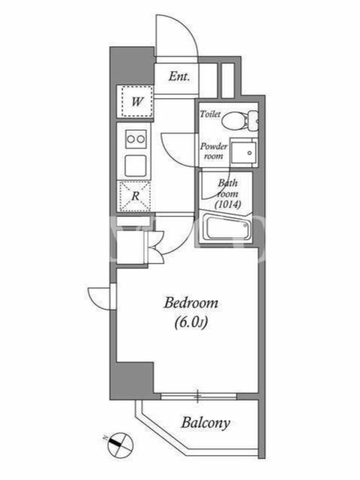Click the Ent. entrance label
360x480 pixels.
(x=179, y=76)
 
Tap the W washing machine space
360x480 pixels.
(x=137, y=101)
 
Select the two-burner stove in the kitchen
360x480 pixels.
(x=136, y=139)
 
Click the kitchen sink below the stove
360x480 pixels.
(x=136, y=166)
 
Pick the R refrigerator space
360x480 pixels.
(x=135, y=196)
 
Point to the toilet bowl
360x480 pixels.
(x=239, y=120)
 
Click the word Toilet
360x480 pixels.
(x=211, y=114)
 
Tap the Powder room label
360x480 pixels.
(x=214, y=151)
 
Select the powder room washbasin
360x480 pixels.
(x=244, y=152)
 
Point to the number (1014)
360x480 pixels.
(x=228, y=204)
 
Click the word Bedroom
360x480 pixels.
(x=191, y=303)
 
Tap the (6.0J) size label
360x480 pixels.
(x=191, y=322)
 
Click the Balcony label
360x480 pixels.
(x=205, y=424)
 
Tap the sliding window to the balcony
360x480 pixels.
(x=199, y=397)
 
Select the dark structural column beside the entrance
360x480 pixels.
(x=132, y=65)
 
